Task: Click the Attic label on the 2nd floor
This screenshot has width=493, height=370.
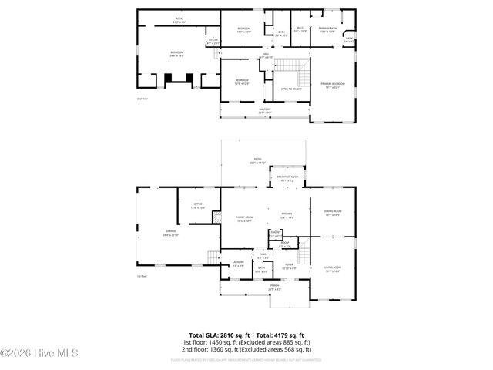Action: tap(179, 22)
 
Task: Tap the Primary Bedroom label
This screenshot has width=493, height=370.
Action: tap(333, 84)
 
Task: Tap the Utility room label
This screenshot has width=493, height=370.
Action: tap(213, 42)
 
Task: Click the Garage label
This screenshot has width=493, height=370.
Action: tap(170, 232)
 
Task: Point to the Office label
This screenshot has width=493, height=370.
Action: tap(198, 206)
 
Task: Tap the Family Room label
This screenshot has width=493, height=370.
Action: tap(244, 219)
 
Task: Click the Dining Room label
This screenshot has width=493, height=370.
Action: tap(333, 213)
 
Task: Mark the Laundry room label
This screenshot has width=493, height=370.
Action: tap(238, 264)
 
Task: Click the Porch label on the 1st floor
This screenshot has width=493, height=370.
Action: tap(274, 287)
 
